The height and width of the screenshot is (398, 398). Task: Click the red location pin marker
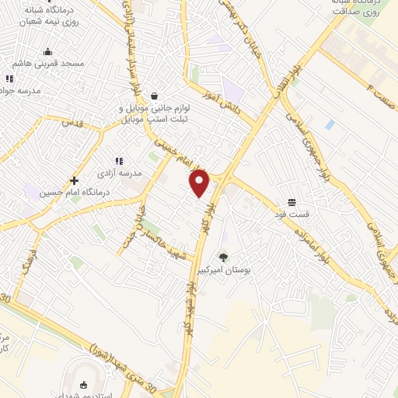(200, 183)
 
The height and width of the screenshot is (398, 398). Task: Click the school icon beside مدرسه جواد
(9, 79)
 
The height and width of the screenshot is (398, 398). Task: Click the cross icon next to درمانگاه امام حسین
(73, 180)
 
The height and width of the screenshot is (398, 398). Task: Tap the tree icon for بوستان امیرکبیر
(223, 257)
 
